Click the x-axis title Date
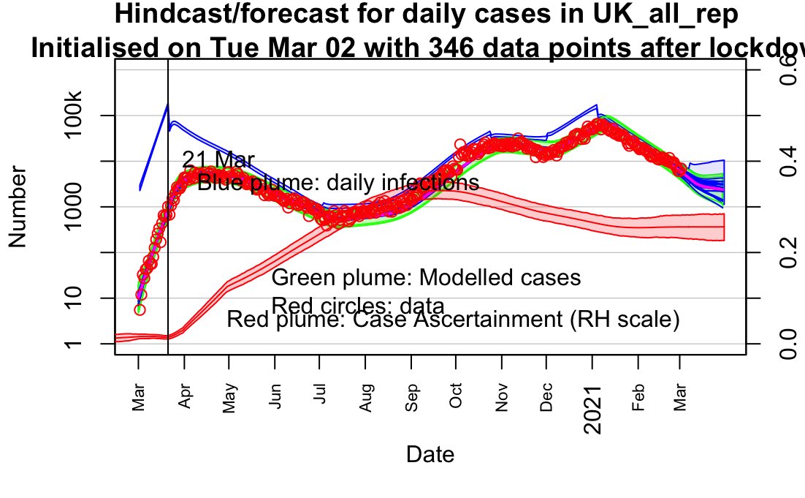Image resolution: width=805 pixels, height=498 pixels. (430, 454)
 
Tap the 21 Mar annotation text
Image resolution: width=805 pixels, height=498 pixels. (218, 160)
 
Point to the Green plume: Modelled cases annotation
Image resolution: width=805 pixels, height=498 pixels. (426, 278)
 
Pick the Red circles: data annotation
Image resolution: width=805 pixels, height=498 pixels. (357, 305)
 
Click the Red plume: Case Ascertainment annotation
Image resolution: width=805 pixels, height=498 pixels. (454, 320)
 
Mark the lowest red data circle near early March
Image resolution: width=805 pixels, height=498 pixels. (140, 309)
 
